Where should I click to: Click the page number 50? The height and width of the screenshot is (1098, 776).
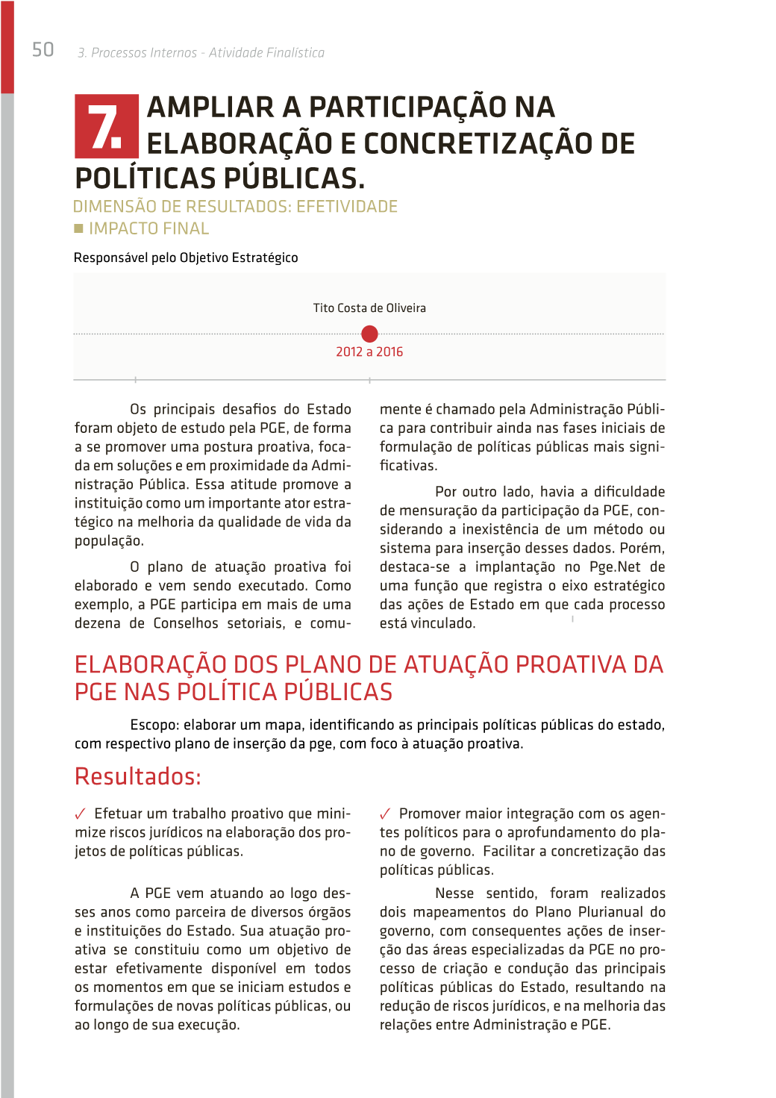(43, 50)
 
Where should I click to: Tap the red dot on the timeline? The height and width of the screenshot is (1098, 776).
(369, 334)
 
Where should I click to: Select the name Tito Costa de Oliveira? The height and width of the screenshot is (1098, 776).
(369, 308)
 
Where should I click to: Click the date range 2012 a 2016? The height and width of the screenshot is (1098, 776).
(369, 352)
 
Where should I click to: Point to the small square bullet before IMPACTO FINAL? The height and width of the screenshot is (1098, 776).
(78, 228)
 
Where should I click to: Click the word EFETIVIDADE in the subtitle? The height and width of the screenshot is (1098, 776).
(347, 207)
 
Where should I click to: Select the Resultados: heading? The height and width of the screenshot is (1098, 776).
(138, 777)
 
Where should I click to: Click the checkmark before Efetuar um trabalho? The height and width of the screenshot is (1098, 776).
(81, 814)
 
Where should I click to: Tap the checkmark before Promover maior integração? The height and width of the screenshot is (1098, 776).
(385, 814)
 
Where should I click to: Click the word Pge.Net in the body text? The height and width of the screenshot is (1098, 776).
(615, 567)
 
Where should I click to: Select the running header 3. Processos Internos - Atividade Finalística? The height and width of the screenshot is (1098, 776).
(201, 53)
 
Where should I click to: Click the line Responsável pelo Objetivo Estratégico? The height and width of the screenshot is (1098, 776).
(186, 258)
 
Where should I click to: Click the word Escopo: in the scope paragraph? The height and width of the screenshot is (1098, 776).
(154, 726)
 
